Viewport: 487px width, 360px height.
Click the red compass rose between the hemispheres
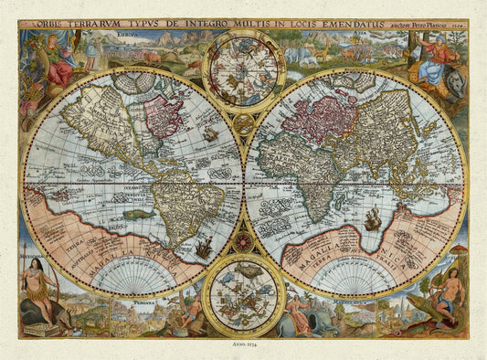[x=243, y=242]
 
